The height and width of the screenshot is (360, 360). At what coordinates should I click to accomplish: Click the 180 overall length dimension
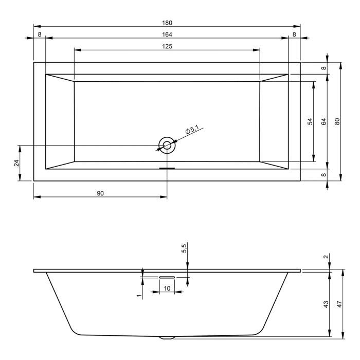[x=167, y=23]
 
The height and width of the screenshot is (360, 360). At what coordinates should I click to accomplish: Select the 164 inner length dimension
[x=167, y=34]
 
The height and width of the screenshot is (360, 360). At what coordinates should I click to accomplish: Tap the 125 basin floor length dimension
[x=167, y=46]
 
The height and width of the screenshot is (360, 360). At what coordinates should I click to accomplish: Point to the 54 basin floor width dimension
[x=310, y=121]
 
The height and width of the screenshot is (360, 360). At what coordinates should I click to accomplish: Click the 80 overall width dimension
[x=337, y=121]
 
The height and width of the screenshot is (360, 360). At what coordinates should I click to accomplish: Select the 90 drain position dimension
[x=100, y=193]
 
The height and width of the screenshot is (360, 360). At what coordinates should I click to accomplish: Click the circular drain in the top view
[x=167, y=145]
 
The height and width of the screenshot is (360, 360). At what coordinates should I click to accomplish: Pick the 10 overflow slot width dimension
[x=167, y=288]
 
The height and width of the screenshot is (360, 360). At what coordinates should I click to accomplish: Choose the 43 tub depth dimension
[x=325, y=304]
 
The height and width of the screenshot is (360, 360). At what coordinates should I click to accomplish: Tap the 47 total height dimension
[x=339, y=304]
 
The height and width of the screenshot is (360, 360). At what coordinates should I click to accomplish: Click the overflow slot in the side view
[x=167, y=277]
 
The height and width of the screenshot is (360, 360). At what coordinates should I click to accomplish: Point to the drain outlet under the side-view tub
[x=167, y=337]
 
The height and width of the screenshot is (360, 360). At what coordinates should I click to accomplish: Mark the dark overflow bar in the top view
[x=167, y=168]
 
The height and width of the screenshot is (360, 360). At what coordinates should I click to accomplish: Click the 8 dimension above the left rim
[x=40, y=34]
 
